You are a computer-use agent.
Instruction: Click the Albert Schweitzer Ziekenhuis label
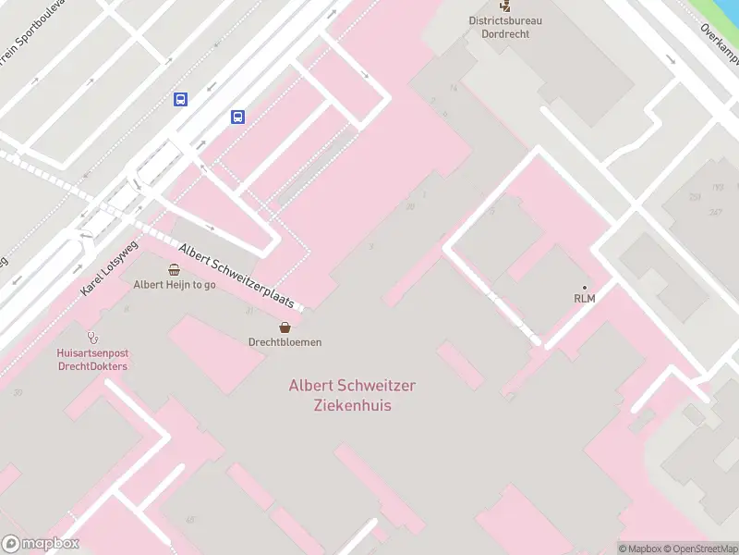(x=352, y=395)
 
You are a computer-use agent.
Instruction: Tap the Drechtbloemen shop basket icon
(x=285, y=327)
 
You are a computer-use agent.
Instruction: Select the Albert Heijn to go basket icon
(x=175, y=269)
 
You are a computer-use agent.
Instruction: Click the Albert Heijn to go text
(x=175, y=285)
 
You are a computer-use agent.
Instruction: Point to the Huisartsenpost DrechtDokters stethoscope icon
(x=91, y=338)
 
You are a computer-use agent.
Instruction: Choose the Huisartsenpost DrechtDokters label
(x=91, y=360)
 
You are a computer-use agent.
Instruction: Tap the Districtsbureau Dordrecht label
(x=505, y=27)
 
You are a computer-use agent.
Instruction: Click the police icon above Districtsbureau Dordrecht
(x=504, y=5)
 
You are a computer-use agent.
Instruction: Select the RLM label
(x=584, y=298)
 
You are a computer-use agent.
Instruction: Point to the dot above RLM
(x=584, y=287)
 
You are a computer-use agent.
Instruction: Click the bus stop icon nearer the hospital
(x=237, y=117)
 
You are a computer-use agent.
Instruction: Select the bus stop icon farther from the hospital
(x=180, y=99)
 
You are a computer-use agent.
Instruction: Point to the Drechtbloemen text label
(x=285, y=342)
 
